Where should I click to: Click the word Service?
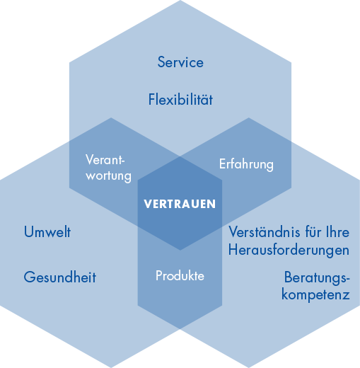coord(180,62)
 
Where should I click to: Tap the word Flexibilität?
coord(180,99)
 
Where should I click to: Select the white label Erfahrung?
coord(246,164)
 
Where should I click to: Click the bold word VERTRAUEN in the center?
coord(180,204)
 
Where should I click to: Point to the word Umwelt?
coord(47,231)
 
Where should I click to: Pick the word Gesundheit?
coord(60,277)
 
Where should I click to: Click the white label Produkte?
coord(180,275)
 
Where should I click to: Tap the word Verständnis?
coord(265,232)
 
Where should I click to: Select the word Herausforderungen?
coord(289,251)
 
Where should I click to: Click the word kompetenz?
coord(315,295)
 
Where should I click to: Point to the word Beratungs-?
coord(317,277)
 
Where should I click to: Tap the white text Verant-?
coord(105,160)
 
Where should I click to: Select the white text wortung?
coord(108,176)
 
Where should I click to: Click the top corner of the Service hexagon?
coord(180,0)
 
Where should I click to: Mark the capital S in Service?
coord(161,62)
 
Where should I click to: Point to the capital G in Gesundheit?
coord(28,277)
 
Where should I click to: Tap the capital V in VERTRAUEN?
coord(148,204)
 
